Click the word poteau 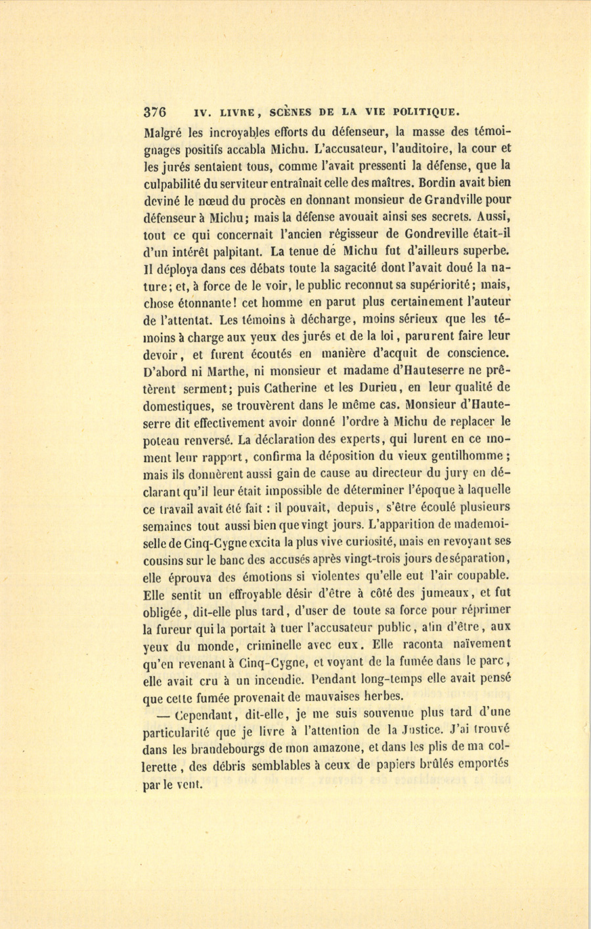pos(160,439)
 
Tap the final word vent pos(188,783)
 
